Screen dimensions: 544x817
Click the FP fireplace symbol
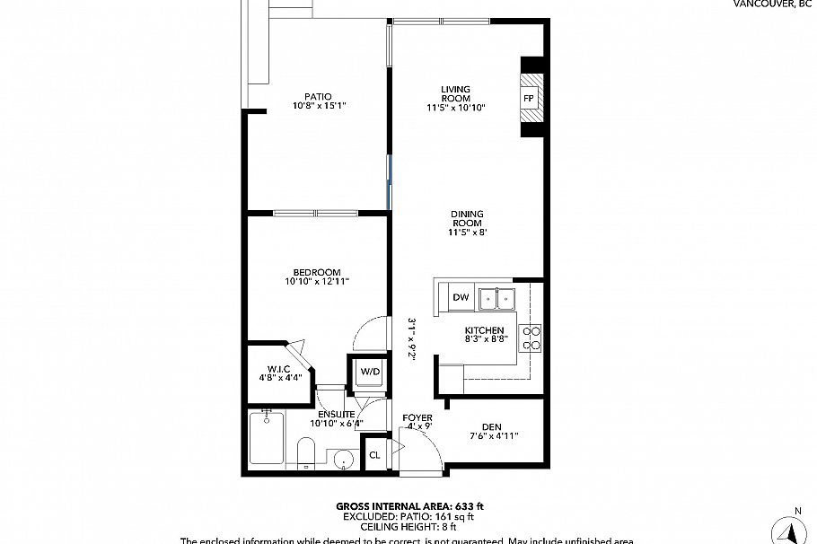pos(529,97)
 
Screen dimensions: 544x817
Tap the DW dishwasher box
pos(461,297)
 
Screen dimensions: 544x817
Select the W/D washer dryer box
pos(369,372)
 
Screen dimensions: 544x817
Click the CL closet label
pos(374,455)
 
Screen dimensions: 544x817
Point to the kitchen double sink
pos(496,297)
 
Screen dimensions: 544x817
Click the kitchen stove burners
pos(531,338)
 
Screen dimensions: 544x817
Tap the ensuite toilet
pos(305,452)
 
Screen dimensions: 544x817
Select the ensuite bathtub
pos(267,437)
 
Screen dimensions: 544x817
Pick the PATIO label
pos(318,96)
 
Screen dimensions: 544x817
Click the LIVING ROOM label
pos(456,93)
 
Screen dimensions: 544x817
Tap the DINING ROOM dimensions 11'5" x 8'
pos(467,233)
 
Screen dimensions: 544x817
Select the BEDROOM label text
pos(316,272)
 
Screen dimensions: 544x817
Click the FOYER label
pos(417,418)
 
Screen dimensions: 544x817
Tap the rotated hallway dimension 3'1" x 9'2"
pos(411,338)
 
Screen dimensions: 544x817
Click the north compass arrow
pos(795,530)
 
